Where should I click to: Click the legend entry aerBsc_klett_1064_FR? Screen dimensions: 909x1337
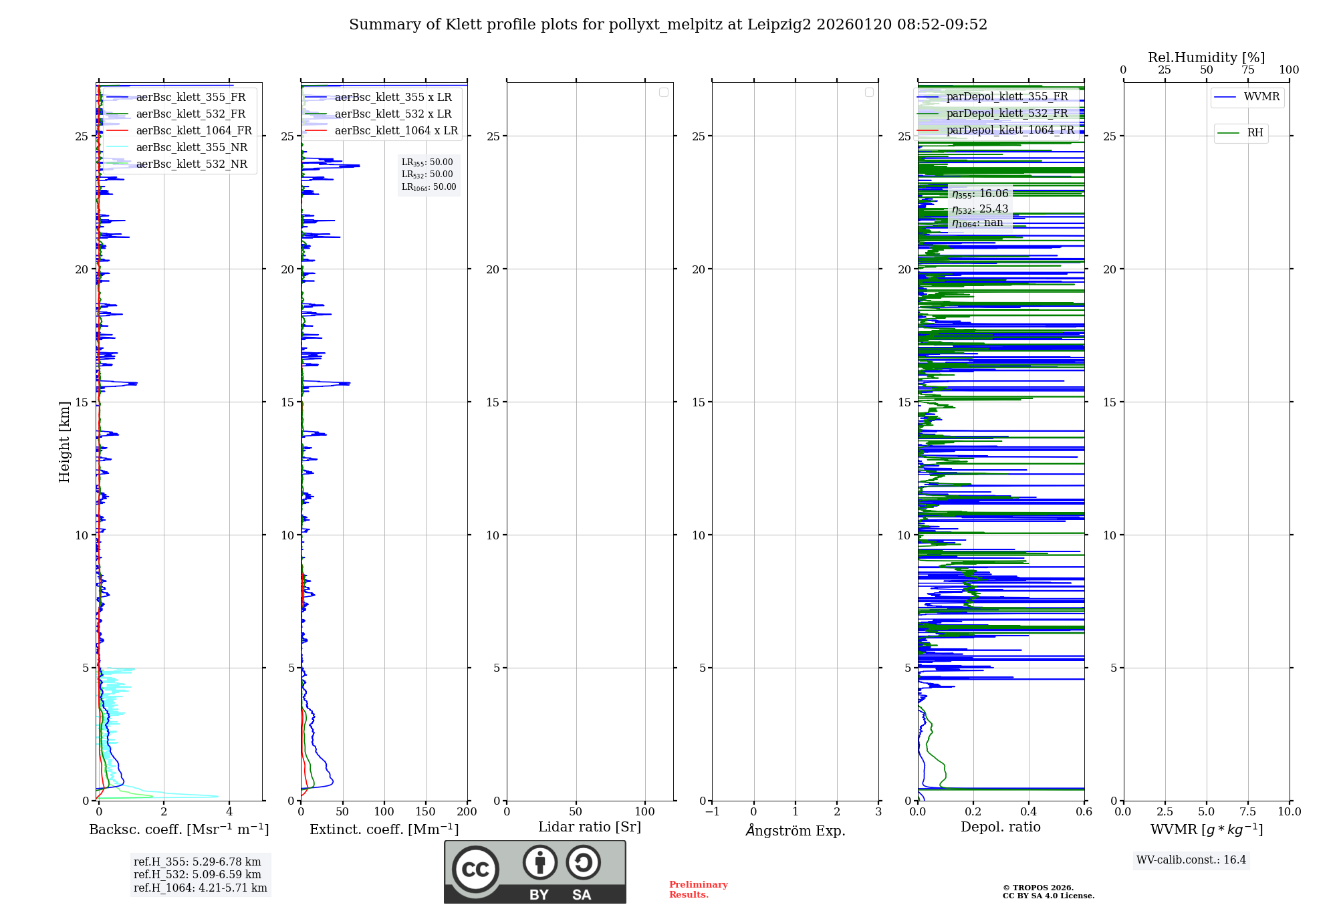tap(193, 131)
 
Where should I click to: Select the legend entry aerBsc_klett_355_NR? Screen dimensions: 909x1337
tap(191, 148)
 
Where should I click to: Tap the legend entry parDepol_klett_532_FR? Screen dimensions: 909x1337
tap(1007, 114)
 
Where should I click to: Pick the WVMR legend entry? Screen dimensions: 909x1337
tap(1261, 97)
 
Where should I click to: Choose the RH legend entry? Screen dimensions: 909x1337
tap(1255, 133)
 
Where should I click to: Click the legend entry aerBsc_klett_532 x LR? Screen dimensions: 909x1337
tap(392, 114)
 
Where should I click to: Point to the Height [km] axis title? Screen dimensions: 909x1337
tap(64, 442)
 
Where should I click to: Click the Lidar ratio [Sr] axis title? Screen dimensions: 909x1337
tap(590, 827)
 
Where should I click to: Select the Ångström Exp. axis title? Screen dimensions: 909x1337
tap(796, 831)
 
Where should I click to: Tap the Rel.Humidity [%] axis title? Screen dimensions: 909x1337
tap(1206, 57)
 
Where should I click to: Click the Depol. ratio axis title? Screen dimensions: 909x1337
tap(1000, 827)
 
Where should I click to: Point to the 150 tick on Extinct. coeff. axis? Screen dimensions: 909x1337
tap(425, 812)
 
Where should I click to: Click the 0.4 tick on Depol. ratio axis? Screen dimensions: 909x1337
tap(1028, 812)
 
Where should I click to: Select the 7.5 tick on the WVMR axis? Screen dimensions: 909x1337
tap(1247, 812)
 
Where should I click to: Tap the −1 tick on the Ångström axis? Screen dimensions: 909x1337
tap(713, 812)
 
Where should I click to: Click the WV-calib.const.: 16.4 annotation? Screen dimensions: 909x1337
tap(1191, 860)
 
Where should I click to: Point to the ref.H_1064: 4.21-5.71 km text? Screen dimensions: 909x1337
tap(200, 888)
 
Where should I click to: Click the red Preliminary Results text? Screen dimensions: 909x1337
tap(698, 890)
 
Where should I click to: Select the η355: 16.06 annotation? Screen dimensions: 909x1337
tap(980, 194)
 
